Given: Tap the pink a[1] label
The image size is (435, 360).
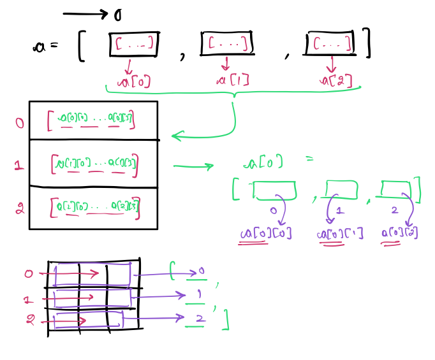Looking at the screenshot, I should coord(232,80).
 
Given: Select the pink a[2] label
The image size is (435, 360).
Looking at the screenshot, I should coord(336,80).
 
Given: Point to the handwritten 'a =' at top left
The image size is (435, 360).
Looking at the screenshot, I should coord(45,46).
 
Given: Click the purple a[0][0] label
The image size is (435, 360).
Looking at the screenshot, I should coord(265,234).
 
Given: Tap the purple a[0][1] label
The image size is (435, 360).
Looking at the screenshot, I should coord(339,234).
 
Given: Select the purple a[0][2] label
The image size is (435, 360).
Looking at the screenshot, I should coord(400,233).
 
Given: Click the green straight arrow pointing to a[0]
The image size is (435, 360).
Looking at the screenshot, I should coord(193,167).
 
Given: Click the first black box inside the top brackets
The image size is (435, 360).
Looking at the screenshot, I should coord(134,44).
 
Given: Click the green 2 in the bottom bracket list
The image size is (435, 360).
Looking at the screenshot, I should coord(199,318).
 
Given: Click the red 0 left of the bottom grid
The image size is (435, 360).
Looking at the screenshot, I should coord(28,274).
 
